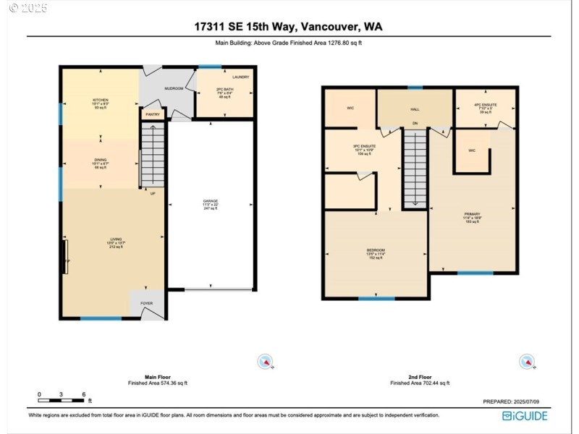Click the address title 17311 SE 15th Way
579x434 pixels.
(288, 27)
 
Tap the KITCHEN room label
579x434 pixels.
(100, 100)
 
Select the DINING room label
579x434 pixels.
(100, 161)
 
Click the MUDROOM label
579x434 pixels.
(174, 88)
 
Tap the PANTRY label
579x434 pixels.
(153, 114)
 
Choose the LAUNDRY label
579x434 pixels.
(241, 77)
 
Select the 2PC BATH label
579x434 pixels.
(224, 90)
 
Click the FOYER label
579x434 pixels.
(147, 304)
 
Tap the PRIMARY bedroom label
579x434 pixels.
(472, 215)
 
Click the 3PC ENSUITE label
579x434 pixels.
(362, 146)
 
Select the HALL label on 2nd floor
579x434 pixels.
(415, 109)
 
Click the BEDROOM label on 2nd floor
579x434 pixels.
(377, 250)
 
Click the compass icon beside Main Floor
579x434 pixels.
(266, 362)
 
